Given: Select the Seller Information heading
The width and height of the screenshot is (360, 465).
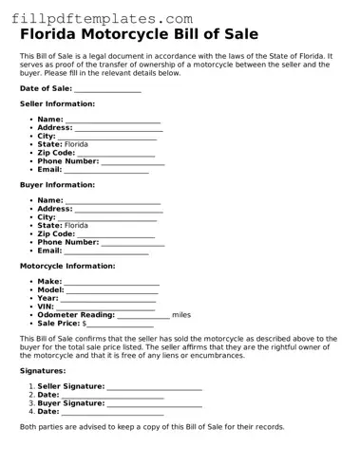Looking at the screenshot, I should pyautogui.click(x=57, y=103).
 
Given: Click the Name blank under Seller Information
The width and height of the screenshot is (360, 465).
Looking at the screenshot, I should pyautogui.click(x=113, y=120).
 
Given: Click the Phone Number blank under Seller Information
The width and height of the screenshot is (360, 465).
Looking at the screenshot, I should pyautogui.click(x=133, y=161).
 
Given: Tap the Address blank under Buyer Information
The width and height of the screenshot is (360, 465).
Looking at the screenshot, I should pyautogui.click(x=119, y=210).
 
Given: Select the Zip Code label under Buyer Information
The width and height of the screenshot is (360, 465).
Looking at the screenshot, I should pyautogui.click(x=56, y=233).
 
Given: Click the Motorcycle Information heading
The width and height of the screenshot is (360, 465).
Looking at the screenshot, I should pyautogui.click(x=67, y=266).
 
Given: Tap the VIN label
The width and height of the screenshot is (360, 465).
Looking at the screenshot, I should pyautogui.click(x=46, y=307).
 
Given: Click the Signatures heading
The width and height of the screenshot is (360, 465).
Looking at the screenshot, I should pyautogui.click(x=43, y=371).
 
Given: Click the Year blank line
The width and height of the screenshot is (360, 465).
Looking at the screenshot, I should pyautogui.click(x=108, y=299).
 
